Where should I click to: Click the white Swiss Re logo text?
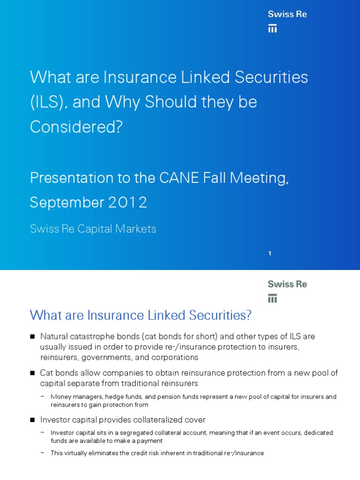pyautogui.click(x=287, y=14)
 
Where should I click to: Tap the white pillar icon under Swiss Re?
pyautogui.click(x=272, y=29)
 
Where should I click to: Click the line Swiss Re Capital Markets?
pyautogui.click(x=93, y=229)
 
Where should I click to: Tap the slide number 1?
pyautogui.click(x=270, y=254)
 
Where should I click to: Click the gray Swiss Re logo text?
pyautogui.click(x=287, y=284)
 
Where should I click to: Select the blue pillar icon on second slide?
pyautogui.click(x=272, y=298)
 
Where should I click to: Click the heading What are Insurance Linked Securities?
pyautogui.click(x=141, y=315)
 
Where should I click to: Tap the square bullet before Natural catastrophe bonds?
pyautogui.click(x=32, y=337)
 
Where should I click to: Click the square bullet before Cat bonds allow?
pyautogui.click(x=32, y=373)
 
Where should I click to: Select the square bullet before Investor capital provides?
pyautogui.click(x=32, y=420)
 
